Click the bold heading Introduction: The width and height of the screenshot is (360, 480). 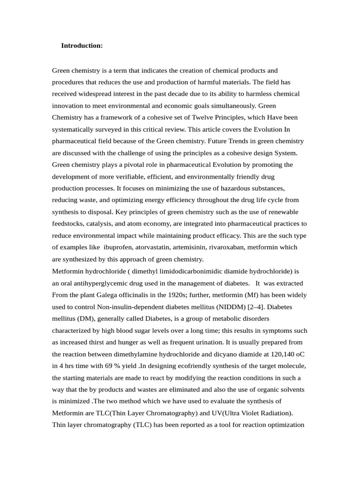pos(82,46)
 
